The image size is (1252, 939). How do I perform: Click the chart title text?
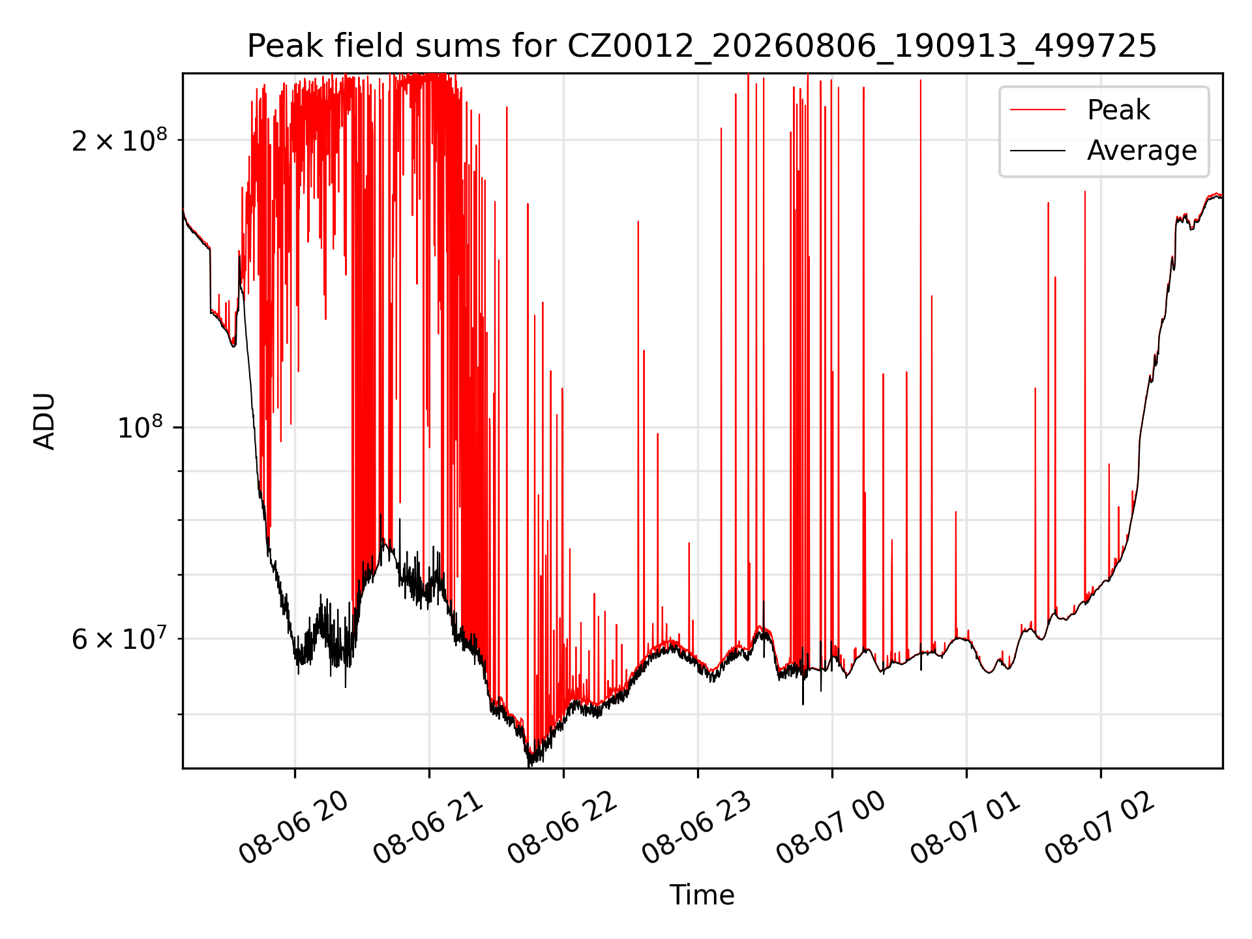[702, 46]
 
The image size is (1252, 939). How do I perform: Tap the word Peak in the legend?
[1118, 110]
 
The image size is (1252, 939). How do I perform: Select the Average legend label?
[1142, 151]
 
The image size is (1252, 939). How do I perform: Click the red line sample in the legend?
[1037, 110]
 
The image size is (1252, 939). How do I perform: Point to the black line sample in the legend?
[1037, 151]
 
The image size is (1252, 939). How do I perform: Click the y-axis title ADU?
[44, 421]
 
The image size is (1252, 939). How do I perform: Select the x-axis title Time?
[702, 895]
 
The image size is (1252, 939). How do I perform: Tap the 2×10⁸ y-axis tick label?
[119, 140]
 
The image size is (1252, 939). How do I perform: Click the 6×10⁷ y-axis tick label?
[119, 638]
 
